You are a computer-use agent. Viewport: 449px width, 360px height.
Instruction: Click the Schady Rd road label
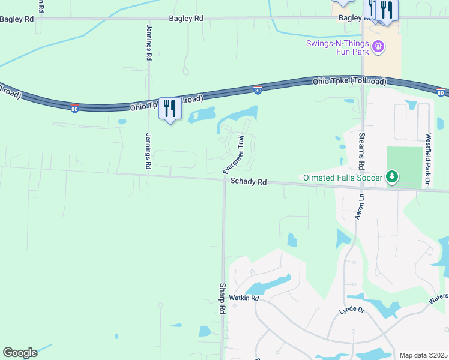click(x=249, y=181)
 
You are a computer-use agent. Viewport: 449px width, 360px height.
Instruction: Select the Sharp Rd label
click(x=222, y=299)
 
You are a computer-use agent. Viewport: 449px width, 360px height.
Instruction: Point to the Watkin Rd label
click(x=246, y=298)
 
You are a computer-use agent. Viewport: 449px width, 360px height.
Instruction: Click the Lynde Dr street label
click(x=351, y=310)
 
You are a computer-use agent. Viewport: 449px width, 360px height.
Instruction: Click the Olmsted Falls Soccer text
click(x=342, y=178)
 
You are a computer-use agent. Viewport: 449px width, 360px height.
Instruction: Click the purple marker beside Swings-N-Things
click(x=378, y=46)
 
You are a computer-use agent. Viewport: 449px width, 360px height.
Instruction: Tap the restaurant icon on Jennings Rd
click(x=170, y=108)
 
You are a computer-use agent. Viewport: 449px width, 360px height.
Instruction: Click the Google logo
click(x=20, y=353)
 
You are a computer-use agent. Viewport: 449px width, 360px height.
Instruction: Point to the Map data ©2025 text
click(x=423, y=355)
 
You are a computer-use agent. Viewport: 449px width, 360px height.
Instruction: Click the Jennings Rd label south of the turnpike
click(x=148, y=151)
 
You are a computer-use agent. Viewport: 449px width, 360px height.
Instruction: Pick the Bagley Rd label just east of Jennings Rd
click(x=185, y=19)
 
